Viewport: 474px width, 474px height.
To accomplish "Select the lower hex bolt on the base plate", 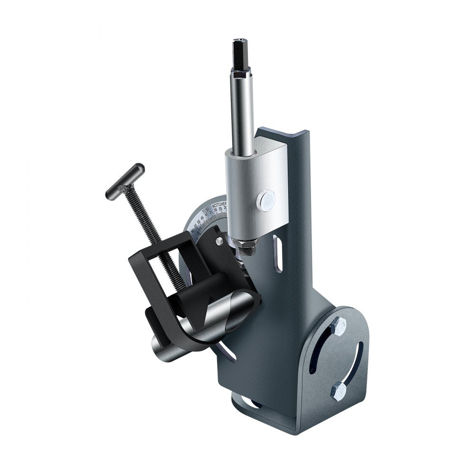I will [339, 392].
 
